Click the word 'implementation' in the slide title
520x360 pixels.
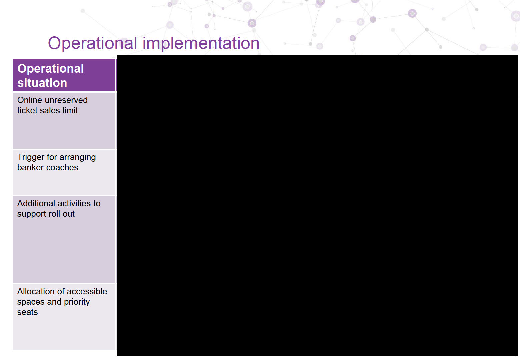pos(201,43)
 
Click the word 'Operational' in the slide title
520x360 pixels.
pos(92,43)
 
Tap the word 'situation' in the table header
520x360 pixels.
pos(42,83)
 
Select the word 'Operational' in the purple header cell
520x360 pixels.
pos(51,69)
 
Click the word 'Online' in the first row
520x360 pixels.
pos(29,100)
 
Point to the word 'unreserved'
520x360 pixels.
pos(66,100)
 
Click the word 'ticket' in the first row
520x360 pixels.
pos(26,110)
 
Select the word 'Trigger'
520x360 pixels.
pos(31,157)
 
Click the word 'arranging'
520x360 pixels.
pos(78,157)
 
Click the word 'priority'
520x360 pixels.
pos(77,302)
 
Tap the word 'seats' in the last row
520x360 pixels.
pos(27,312)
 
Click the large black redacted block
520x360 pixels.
pos(317,205)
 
